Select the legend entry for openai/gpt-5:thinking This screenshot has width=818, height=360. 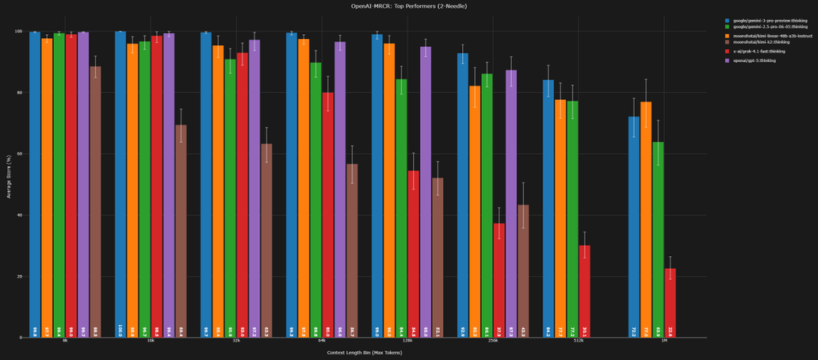[x=764, y=60]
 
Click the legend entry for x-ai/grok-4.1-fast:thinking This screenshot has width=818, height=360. [x=764, y=52]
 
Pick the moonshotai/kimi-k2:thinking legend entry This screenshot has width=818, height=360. [x=764, y=42]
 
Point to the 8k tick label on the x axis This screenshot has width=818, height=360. [x=65, y=341]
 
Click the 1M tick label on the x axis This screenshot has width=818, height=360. [x=652, y=341]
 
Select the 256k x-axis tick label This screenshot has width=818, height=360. [x=493, y=341]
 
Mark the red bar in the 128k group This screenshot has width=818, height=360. [x=413, y=254]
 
